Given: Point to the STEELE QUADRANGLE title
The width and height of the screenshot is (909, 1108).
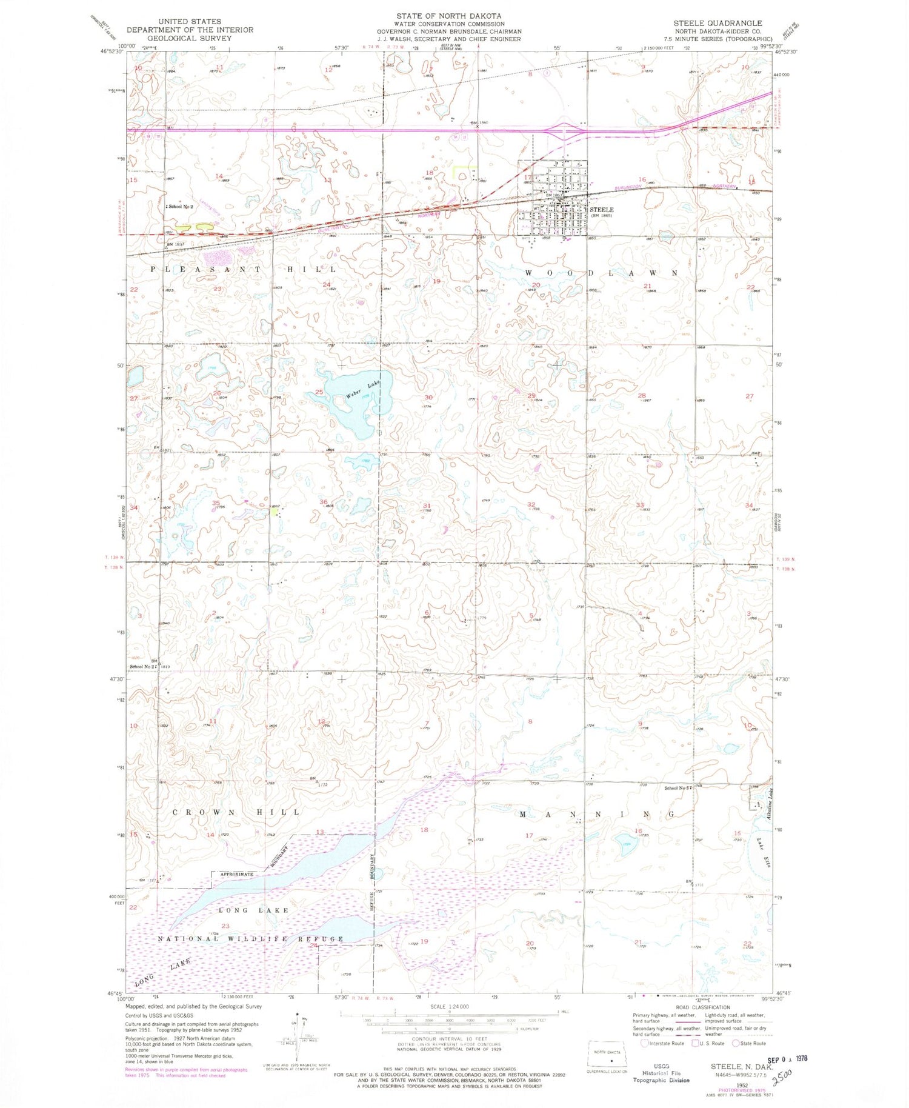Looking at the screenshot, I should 718,23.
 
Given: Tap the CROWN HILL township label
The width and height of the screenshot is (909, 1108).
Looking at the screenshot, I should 236,812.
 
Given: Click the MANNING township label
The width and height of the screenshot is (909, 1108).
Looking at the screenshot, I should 596,815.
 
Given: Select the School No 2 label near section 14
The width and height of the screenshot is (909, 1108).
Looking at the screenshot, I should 179,207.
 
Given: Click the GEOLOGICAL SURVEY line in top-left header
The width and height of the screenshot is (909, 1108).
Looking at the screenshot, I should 190,38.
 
